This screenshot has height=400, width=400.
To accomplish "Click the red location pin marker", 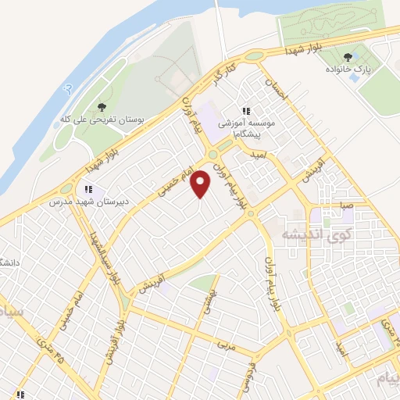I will (x=201, y=184).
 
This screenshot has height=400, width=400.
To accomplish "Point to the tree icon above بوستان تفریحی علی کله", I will (x=102, y=107).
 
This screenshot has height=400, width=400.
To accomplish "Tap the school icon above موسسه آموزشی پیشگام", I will (x=247, y=111).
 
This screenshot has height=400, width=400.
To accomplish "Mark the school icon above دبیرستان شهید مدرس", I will (x=87, y=188).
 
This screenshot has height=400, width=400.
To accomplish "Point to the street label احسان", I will (x=277, y=91).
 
